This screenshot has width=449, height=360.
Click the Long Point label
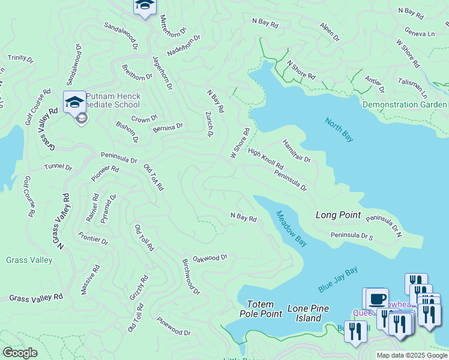tap(338, 215)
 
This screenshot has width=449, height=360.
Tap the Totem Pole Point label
tap(261, 309)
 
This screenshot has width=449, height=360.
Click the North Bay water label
tap(339, 130)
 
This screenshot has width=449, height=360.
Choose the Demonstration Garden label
tap(405, 104)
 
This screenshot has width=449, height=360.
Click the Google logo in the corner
tap(20, 353)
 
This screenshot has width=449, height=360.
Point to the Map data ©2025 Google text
tap(412, 355)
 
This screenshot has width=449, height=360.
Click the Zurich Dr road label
tap(209, 124)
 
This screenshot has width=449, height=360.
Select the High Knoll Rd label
tap(265, 158)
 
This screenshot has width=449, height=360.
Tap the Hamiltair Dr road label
tap(297, 151)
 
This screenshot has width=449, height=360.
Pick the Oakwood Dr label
tap(209, 257)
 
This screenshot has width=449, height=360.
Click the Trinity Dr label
tap(20, 58)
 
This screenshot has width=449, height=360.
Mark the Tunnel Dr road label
tap(58, 166)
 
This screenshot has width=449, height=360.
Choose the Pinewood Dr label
tap(173, 327)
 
